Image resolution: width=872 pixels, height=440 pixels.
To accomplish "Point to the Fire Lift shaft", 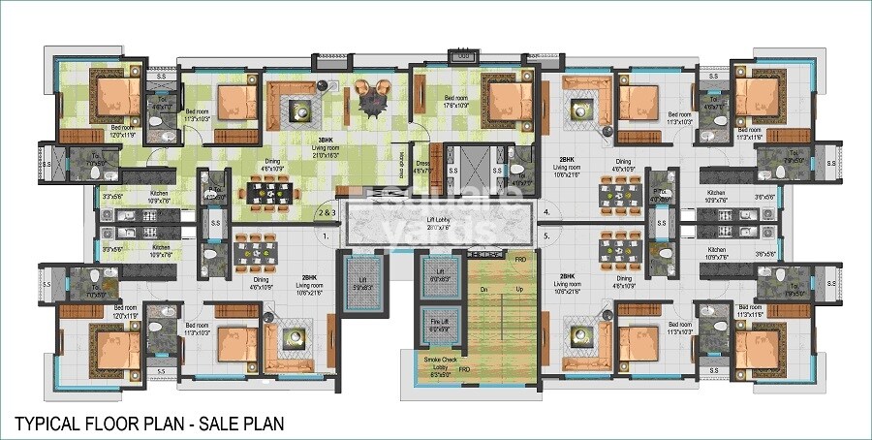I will click(x=436, y=323).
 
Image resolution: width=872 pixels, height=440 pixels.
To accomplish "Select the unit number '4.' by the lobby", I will click(x=547, y=211).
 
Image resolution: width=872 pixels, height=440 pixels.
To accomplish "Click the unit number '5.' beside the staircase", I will click(x=547, y=234).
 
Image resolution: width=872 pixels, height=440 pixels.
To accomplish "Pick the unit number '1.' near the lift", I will click(x=326, y=236).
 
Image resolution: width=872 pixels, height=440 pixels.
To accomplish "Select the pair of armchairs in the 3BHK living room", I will click(x=372, y=94).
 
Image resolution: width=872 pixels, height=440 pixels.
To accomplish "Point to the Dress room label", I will click(x=422, y=166).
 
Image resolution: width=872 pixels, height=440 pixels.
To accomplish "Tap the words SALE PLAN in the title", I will click(x=242, y=424).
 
